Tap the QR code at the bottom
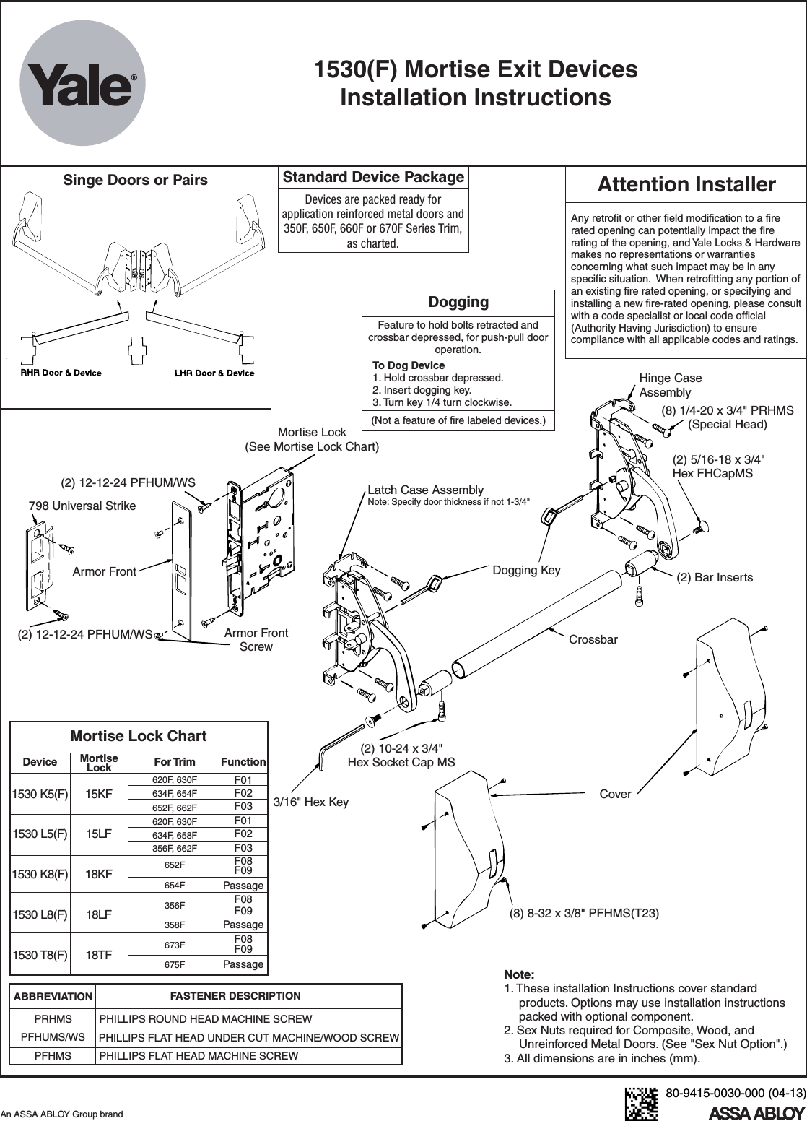[641, 1103]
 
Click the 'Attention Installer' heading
[686, 185]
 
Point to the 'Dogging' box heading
[458, 302]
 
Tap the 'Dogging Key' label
[526, 571]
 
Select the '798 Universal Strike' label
[82, 506]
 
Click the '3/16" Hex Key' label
[311, 802]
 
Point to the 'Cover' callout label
[616, 795]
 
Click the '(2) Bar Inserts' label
[715, 577]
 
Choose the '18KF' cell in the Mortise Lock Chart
[99, 874]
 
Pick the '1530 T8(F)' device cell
[40, 953]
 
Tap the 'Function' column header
[243, 762]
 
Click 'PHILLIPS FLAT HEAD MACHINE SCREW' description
[199, 1056]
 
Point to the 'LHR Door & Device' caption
[214, 373]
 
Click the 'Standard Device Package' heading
[373, 178]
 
